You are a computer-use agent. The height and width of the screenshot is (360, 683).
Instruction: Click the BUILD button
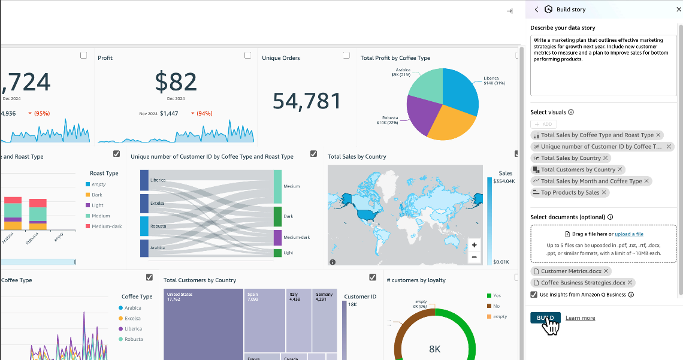[x=545, y=317]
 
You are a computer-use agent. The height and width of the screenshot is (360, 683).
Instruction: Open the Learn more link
[x=580, y=318]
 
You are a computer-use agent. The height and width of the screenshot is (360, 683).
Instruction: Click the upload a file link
[x=629, y=234]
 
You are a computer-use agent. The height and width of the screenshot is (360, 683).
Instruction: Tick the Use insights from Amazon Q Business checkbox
[x=534, y=295]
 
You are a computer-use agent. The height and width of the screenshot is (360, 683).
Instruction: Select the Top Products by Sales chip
[x=570, y=192]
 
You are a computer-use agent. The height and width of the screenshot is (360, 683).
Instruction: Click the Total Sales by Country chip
[x=570, y=158]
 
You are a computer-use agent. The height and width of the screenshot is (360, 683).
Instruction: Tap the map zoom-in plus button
[x=474, y=245]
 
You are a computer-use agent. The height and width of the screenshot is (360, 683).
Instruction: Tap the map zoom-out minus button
[x=474, y=257]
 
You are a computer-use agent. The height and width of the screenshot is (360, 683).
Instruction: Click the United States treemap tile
[x=203, y=323]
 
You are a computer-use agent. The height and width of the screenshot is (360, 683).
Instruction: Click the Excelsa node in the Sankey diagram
[x=144, y=203]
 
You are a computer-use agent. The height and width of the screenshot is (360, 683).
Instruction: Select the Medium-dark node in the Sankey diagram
[x=277, y=237]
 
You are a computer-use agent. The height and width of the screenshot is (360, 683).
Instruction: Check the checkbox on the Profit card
[x=247, y=55]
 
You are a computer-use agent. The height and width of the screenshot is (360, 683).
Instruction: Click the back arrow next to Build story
[x=536, y=10]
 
